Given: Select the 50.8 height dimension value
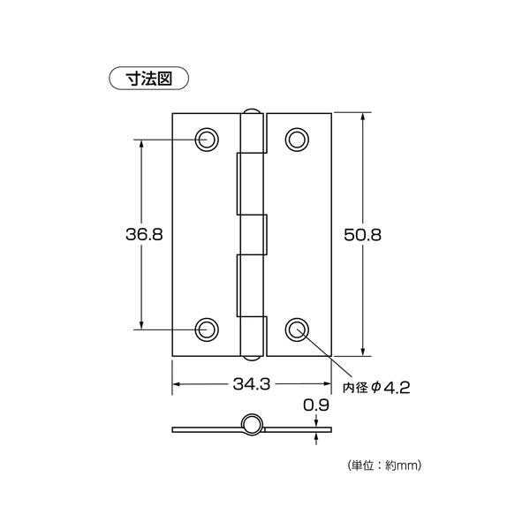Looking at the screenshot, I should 362,234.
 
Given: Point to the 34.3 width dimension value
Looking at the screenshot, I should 252,385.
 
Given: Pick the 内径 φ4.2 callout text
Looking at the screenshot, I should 377,386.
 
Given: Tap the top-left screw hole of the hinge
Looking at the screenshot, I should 207,139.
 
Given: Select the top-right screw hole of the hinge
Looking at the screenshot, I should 297,139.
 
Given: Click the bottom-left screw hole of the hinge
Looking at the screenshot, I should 207,329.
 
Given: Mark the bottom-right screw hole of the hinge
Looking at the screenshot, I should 297,329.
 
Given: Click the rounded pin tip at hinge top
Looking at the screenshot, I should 252,113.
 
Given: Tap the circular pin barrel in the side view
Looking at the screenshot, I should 252,425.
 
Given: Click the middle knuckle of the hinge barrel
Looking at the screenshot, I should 253,234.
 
